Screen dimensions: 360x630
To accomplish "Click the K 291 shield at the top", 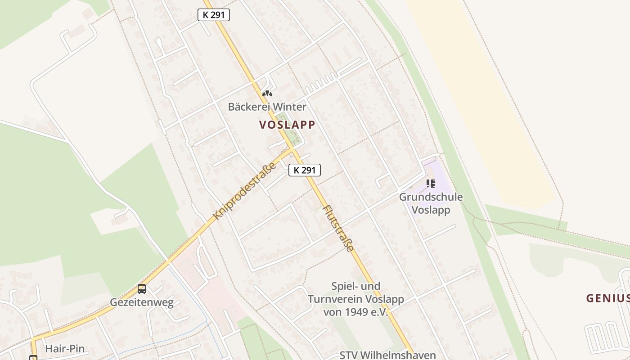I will [214, 15].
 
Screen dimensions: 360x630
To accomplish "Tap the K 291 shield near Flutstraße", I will [305, 170].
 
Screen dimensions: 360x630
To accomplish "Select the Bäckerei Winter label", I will [267, 107].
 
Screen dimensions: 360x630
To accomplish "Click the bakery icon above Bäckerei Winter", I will [267, 94].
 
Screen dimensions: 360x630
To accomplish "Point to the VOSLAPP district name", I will [287, 125].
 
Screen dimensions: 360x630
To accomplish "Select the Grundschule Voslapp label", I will [431, 203].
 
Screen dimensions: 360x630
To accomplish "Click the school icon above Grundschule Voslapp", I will [431, 183].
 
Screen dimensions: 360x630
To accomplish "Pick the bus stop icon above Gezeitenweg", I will [142, 289].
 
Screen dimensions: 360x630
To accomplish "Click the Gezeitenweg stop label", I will [142, 302].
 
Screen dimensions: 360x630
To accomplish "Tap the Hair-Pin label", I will [65, 349].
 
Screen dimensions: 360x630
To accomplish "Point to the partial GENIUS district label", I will [607, 298].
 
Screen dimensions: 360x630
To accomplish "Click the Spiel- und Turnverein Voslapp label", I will [355, 299].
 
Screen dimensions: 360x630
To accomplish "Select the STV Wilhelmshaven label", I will [387, 355].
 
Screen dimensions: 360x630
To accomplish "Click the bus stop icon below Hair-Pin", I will [33, 358].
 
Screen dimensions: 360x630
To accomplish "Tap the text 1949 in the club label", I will [358, 311].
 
